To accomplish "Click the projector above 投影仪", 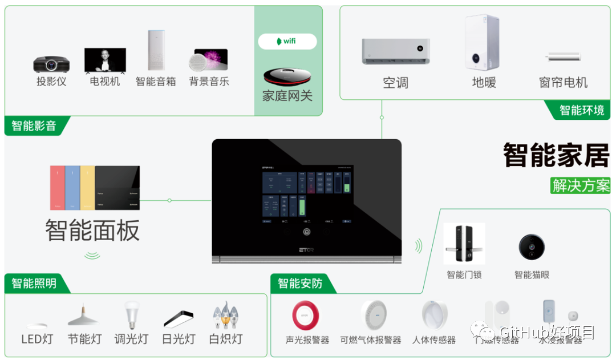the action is click(x=51, y=64).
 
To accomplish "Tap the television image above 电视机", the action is click(x=105, y=60).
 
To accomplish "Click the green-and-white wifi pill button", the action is click(x=287, y=41).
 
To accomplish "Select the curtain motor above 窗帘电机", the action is click(x=563, y=56).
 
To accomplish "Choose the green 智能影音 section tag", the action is click(x=34, y=126).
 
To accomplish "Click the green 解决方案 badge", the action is click(x=580, y=185).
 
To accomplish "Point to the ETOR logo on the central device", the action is click(x=306, y=249).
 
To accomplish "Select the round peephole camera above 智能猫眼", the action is click(x=531, y=246).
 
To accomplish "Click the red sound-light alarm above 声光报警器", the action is click(x=306, y=315).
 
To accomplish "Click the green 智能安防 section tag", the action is click(x=301, y=283).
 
